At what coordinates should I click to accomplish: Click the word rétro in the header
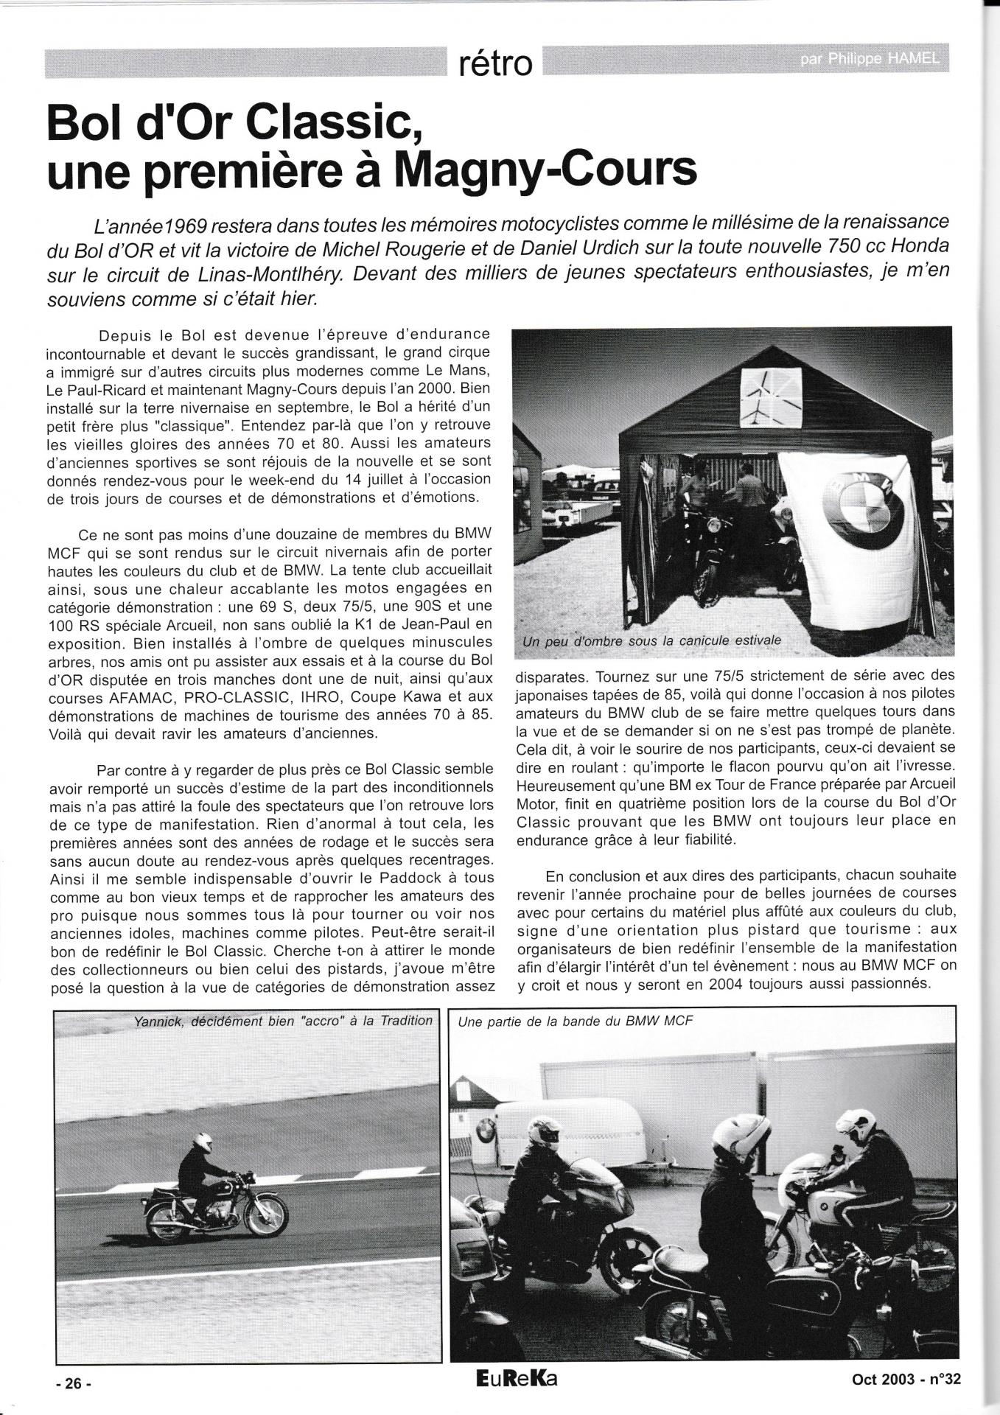[x=494, y=64]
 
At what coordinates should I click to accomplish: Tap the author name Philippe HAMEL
[x=869, y=60]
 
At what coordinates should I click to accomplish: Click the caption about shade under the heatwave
[x=651, y=640]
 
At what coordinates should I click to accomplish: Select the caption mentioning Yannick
[x=283, y=1021]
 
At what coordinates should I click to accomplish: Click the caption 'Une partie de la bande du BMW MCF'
[x=575, y=1021]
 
